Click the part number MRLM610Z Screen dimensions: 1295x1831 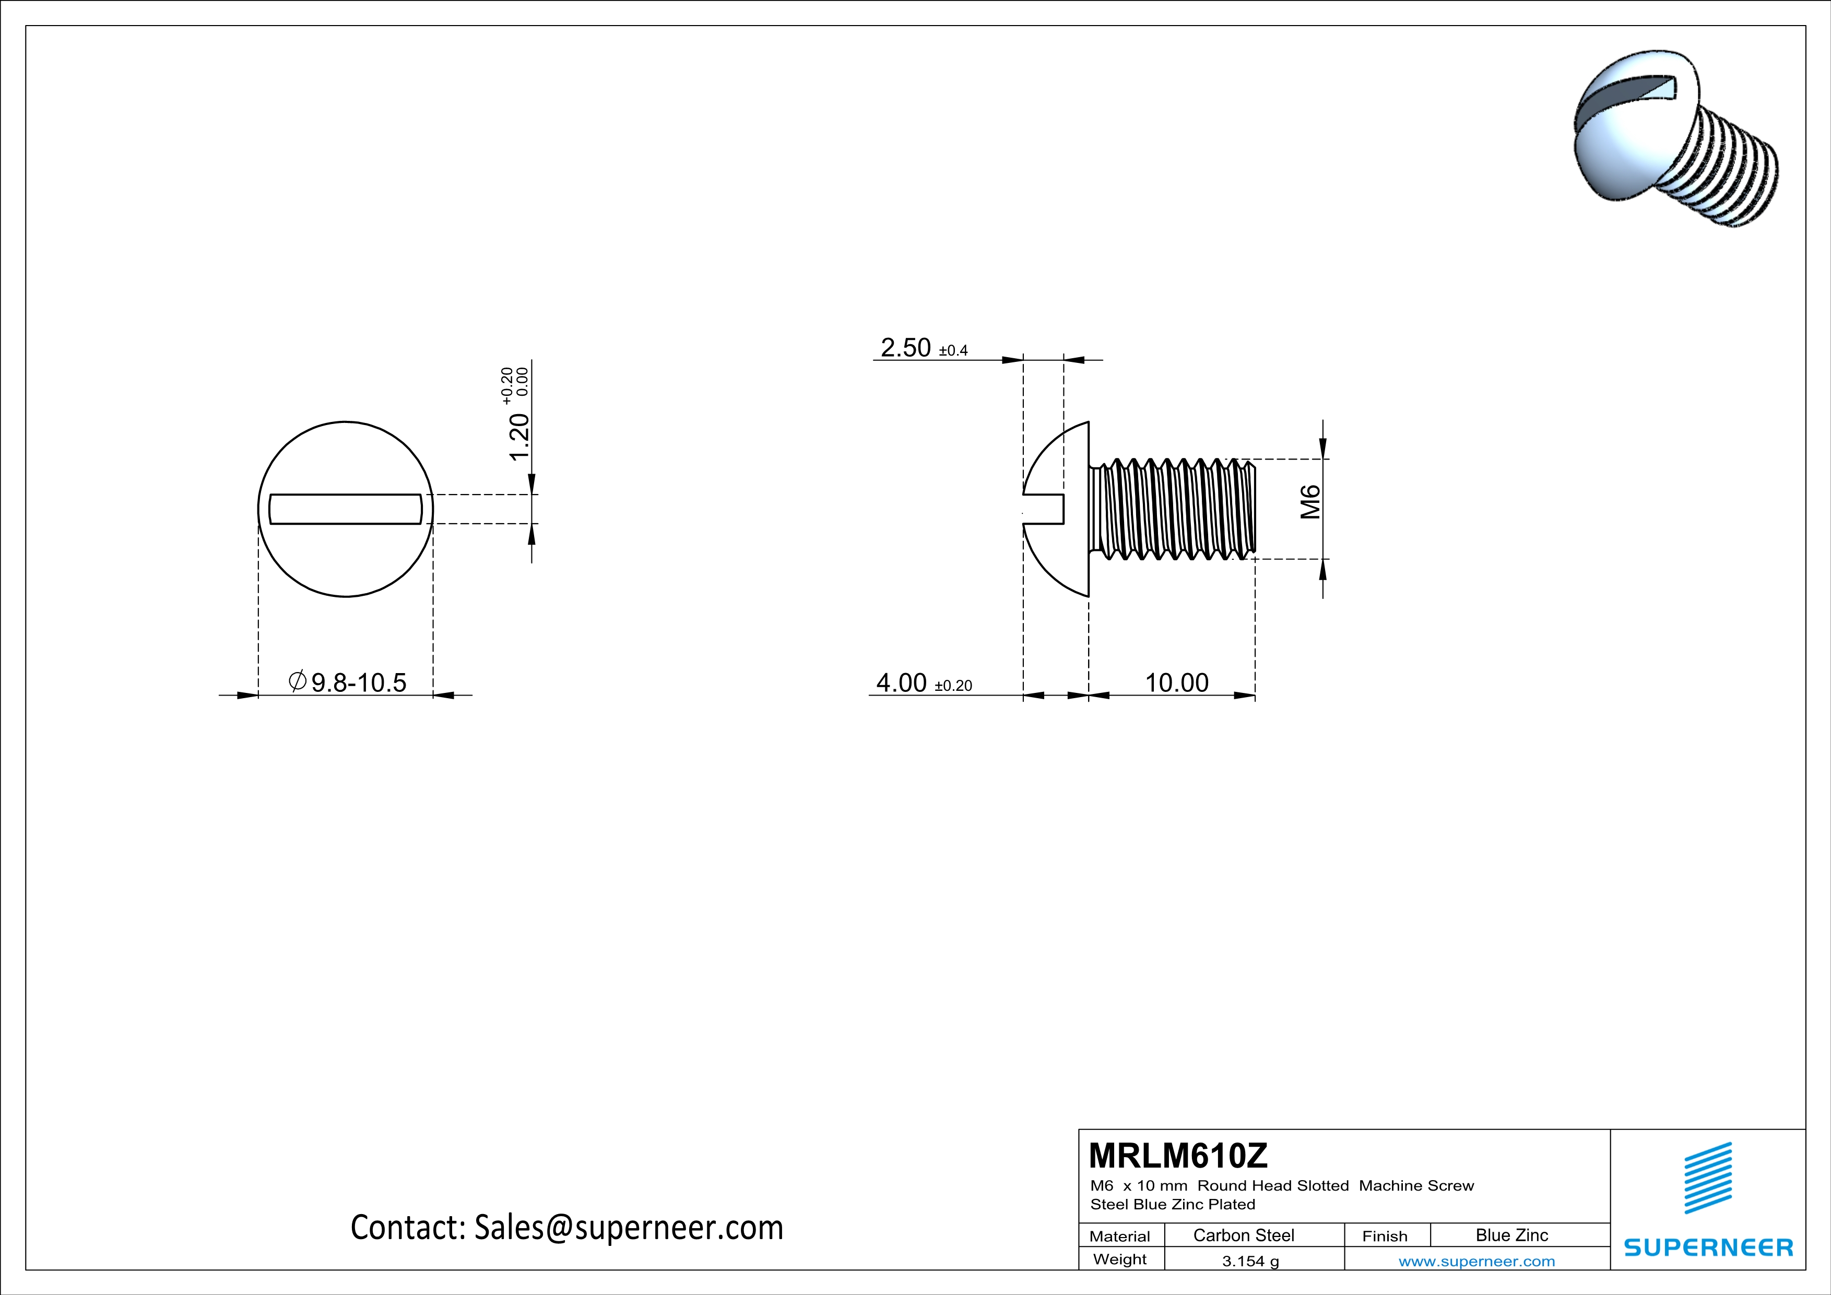pos(1177,1156)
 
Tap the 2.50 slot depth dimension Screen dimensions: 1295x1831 pos(905,348)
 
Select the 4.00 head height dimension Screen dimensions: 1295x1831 pos(901,682)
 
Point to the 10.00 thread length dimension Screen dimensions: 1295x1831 pos(1176,682)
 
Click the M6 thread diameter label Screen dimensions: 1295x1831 pos(1310,502)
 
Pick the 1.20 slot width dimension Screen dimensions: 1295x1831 pos(519,437)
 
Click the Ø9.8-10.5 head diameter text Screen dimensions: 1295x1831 pos(348,682)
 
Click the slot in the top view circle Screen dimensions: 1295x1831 pos(345,509)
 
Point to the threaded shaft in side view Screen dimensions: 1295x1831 pos(1172,509)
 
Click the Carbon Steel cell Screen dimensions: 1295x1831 pos(1243,1235)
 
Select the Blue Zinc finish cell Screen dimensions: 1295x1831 pos(1511,1235)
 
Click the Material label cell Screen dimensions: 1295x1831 pos(1120,1236)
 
